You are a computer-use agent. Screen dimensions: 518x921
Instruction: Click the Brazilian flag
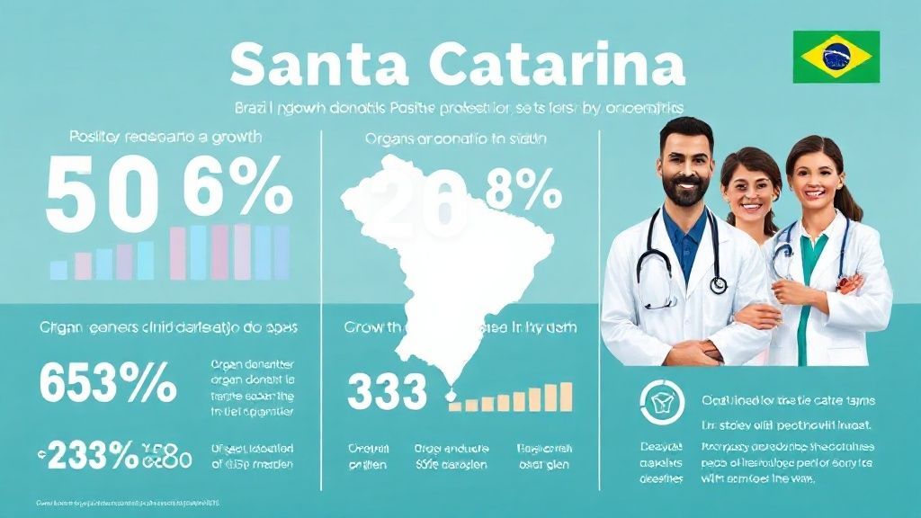(834, 55)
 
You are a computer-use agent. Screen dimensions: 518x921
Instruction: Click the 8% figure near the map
(523, 190)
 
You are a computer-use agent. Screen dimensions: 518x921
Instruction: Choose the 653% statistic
(109, 384)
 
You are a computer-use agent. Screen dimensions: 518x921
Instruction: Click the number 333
(387, 392)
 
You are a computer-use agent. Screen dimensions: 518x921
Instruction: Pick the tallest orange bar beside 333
(565, 396)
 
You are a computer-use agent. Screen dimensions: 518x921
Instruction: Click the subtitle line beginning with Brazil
(460, 106)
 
